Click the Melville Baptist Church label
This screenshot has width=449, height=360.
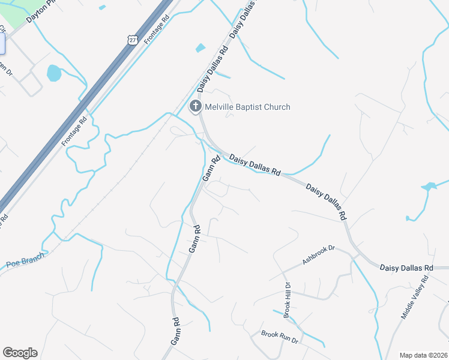click(247, 107)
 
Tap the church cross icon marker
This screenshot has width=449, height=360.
click(195, 107)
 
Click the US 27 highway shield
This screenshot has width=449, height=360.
click(132, 39)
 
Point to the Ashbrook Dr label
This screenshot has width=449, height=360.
click(318, 254)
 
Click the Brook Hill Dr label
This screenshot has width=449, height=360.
click(288, 299)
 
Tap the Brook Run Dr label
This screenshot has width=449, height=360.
click(280, 336)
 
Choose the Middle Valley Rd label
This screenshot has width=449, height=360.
click(415, 297)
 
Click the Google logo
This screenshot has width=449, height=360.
click(20, 353)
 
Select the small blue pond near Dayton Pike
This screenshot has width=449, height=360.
click(54, 73)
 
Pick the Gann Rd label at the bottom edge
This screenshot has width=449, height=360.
click(175, 331)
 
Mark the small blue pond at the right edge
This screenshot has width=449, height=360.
click(429, 187)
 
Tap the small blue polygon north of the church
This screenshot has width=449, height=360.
click(200, 47)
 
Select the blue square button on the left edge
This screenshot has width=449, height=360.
click(2, 44)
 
